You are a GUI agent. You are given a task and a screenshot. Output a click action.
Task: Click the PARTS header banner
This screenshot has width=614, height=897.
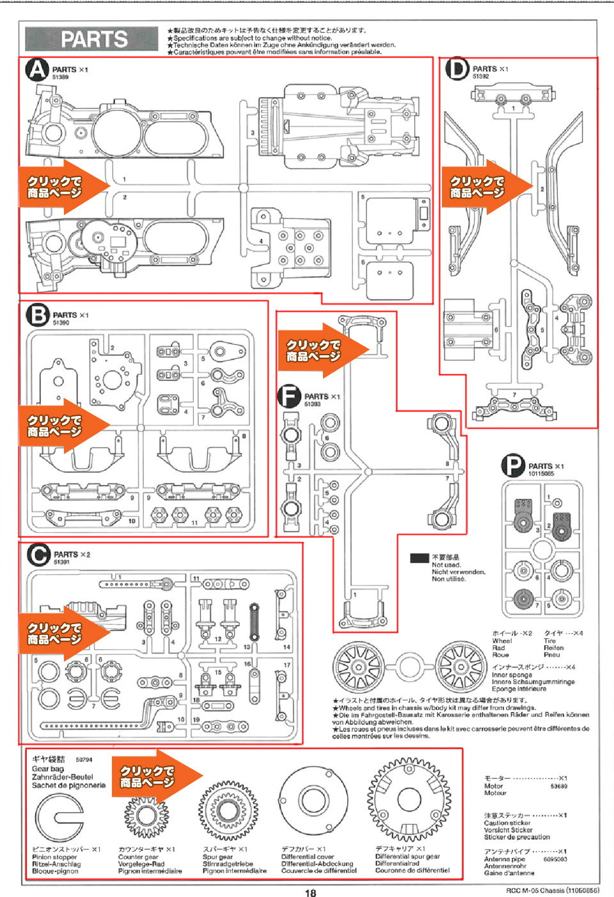point(91,39)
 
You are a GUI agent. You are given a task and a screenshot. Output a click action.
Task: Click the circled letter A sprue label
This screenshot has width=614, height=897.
point(37,70)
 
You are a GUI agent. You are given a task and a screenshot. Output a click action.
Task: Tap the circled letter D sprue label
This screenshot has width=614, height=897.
point(457,69)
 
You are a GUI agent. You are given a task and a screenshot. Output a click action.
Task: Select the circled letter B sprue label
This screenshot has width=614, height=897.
point(38,315)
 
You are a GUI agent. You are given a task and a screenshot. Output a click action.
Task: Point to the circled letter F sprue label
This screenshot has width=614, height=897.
point(289,397)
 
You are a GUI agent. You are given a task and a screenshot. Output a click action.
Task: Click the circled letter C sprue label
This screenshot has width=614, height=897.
point(38,555)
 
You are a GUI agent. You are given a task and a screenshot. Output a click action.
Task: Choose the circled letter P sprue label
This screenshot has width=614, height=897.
point(513,466)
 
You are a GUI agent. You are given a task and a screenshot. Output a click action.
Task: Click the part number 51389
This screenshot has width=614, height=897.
point(60,77)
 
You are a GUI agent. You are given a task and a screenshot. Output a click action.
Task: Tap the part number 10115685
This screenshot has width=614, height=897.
point(541,474)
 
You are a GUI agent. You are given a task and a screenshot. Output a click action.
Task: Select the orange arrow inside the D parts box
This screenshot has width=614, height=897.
point(486,187)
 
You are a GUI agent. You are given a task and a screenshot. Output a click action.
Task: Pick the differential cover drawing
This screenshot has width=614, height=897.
point(313,800)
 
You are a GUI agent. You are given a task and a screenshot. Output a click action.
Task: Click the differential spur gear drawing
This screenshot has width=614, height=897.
point(408,799)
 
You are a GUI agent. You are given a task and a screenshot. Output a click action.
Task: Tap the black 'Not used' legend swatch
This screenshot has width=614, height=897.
point(420,558)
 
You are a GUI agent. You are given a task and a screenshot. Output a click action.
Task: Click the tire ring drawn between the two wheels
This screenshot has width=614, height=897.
point(409,666)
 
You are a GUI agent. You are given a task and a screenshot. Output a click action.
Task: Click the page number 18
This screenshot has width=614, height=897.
point(310,893)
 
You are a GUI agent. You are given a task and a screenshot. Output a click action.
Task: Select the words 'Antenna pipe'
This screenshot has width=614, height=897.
point(505,859)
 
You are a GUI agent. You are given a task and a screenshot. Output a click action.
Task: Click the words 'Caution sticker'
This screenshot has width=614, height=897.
point(507,823)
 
